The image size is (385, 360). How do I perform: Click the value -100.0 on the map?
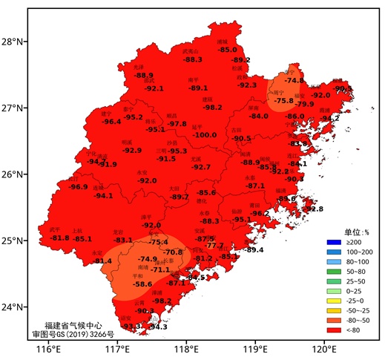click(205, 135)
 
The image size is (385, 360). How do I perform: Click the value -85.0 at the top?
click(227, 50)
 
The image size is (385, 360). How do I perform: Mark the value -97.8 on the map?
click(177, 123)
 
